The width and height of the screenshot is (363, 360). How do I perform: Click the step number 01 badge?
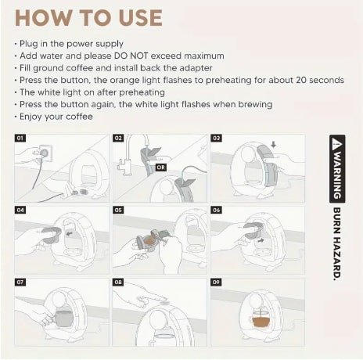[x=20, y=138]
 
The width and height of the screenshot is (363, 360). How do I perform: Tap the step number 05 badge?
[x=118, y=210]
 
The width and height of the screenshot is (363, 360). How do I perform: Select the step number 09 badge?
[x=217, y=282]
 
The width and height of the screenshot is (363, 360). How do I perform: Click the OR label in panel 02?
[x=161, y=167]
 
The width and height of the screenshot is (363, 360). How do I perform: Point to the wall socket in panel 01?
[x=45, y=153]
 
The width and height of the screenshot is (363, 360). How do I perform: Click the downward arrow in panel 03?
[x=273, y=144]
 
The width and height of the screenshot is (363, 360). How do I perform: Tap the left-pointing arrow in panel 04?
[x=69, y=234]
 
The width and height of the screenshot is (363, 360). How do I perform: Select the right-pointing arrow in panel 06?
[x=261, y=240]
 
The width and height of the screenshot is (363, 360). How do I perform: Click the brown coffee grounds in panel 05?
[x=149, y=242]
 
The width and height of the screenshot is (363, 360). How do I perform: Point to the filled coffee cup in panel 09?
[x=261, y=319]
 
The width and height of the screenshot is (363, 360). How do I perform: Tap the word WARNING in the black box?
[x=337, y=175]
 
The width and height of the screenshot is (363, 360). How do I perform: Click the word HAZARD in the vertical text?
[x=337, y=259]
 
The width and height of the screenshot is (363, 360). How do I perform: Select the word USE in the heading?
[x=141, y=18]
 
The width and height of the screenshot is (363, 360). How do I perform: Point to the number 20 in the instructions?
[x=301, y=80]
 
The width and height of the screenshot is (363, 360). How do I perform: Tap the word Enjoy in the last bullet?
[x=31, y=117]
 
